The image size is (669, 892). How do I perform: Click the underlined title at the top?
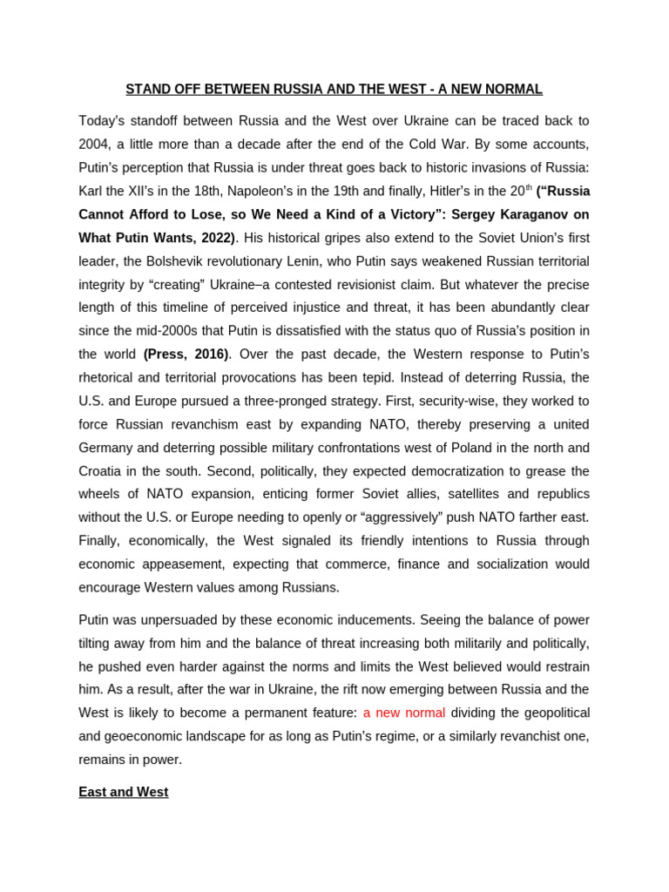334,89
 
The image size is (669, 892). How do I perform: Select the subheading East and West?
123,792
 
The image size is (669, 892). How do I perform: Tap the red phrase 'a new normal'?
404,713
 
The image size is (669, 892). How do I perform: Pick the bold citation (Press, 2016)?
186,354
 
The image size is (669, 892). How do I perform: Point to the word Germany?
107,448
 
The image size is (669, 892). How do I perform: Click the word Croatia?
103,471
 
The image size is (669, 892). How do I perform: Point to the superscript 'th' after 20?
528,186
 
